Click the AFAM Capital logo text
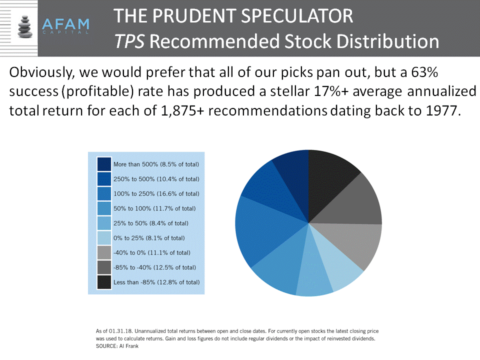click(x=65, y=25)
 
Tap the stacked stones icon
click(x=25, y=26)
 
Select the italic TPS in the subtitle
click(x=129, y=41)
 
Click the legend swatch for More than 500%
click(x=104, y=164)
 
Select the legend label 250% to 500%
click(x=156, y=179)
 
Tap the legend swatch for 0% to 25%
click(x=104, y=238)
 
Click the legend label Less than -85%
click(x=156, y=282)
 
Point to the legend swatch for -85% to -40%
click(x=104, y=267)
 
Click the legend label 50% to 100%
click(x=154, y=208)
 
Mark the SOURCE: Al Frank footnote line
click(x=117, y=346)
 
